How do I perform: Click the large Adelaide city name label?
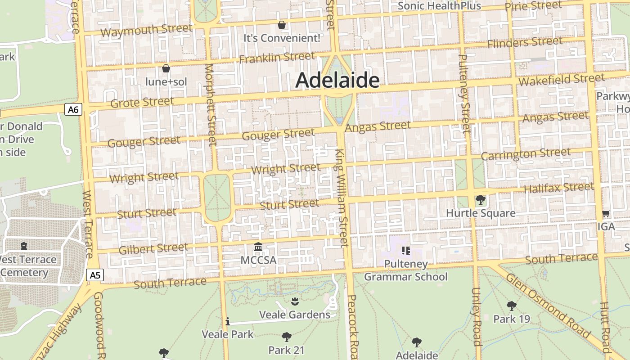pos(337,81)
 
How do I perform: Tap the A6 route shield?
pos(73,109)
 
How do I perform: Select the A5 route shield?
pos(94,275)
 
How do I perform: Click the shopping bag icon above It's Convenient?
pos(282,24)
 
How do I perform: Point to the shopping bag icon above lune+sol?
pos(166,68)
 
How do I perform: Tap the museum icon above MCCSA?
pos(258,247)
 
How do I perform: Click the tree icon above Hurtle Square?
pos(480,199)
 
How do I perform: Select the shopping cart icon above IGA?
pos(606,214)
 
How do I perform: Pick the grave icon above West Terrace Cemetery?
pos(24,246)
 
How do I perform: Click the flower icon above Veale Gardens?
pos(295,301)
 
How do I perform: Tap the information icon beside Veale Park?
pos(228,321)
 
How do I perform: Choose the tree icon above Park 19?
pos(511,306)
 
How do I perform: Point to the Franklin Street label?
pos(277,58)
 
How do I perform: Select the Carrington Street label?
pos(526,154)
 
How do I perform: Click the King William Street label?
pos(342,198)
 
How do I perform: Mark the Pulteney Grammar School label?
pos(406,270)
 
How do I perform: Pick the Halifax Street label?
pos(558,187)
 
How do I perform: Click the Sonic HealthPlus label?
pos(439,6)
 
